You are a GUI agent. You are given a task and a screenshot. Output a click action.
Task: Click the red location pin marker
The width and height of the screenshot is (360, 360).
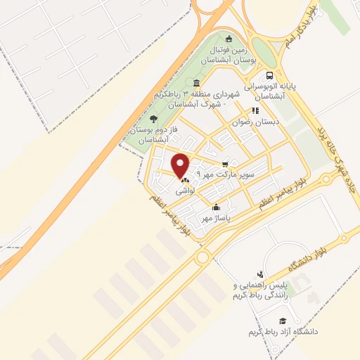pos(181,165)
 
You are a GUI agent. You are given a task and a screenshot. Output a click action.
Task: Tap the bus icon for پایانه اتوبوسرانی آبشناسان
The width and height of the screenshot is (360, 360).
pos(270,76)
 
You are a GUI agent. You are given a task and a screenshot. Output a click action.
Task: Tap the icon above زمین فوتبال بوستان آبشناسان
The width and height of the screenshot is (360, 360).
pos(229,39)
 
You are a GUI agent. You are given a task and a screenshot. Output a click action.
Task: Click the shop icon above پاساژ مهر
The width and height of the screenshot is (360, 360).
pos(216,207)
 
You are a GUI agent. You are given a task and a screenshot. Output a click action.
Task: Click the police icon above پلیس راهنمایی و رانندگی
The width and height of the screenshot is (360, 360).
pos(261,274)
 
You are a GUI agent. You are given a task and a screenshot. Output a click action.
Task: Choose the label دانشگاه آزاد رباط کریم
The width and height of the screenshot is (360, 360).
pos(283,330)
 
